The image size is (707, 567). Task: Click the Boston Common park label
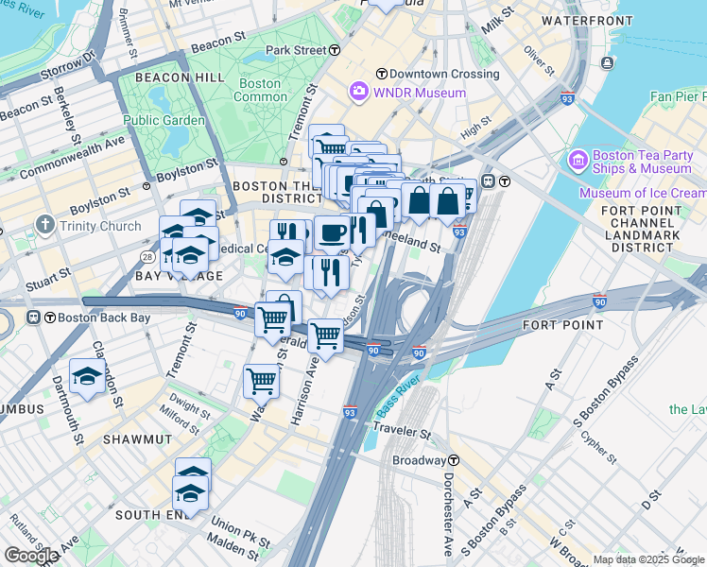260,90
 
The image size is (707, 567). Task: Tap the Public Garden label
164,120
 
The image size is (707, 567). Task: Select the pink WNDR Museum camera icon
358,93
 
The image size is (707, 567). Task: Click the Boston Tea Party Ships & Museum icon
578,161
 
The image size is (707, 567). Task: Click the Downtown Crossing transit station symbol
381,74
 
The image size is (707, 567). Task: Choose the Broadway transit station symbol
454,460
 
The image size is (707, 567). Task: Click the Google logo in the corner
31,556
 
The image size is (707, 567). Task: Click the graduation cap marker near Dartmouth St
87,376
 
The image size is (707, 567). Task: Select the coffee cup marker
332,232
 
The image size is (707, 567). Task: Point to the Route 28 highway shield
147,256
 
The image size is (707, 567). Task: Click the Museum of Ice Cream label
642,193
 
